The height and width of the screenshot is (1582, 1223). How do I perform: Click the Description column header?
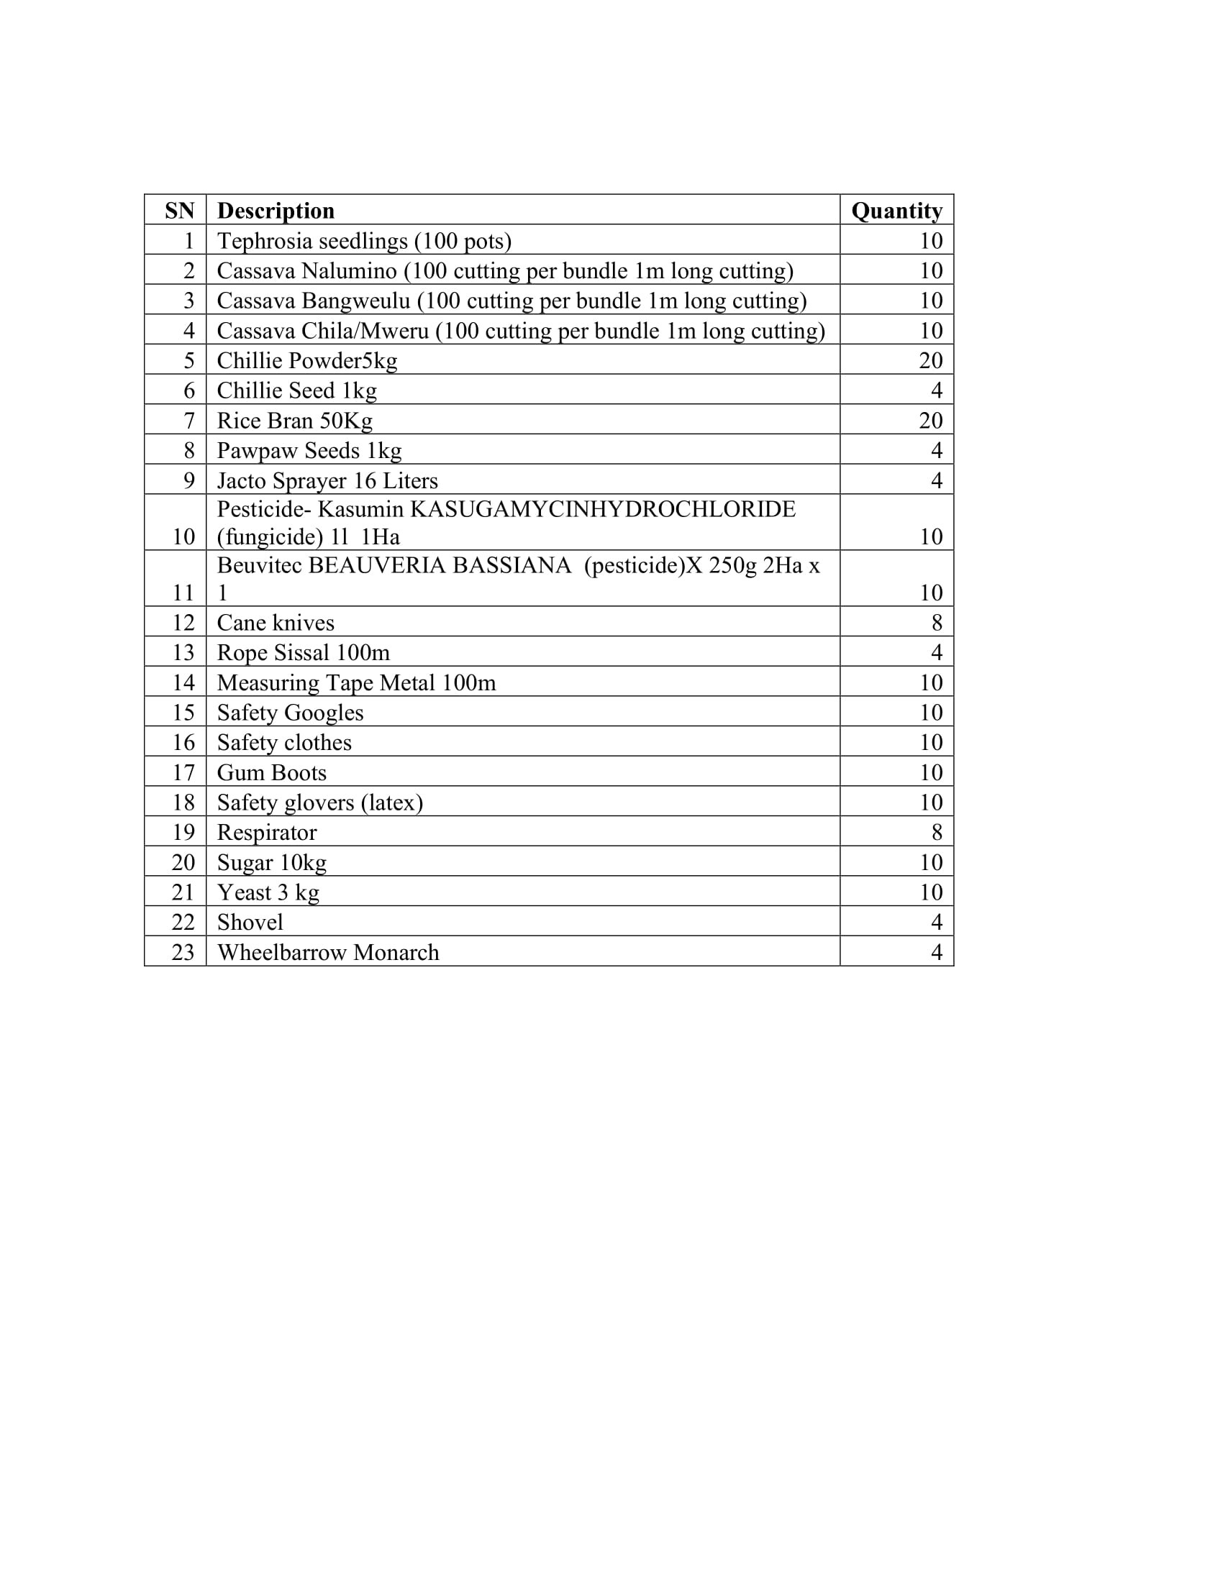coord(276,211)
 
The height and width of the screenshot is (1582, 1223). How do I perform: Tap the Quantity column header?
coord(896,211)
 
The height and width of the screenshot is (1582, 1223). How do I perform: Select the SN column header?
coord(179,211)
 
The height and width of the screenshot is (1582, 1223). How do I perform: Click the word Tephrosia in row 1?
coord(263,241)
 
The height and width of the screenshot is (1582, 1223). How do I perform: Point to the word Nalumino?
coord(349,271)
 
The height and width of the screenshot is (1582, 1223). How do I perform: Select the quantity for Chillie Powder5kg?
coord(930,361)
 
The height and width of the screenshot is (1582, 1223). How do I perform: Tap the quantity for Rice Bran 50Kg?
coord(930,421)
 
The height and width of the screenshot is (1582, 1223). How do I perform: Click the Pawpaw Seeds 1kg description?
coord(309,451)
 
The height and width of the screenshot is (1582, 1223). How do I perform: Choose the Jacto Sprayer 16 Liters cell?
coord(327,481)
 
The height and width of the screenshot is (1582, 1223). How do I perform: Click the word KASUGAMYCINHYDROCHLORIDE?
coord(603,509)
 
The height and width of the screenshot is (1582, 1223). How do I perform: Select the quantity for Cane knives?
coord(936,623)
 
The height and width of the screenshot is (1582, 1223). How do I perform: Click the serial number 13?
coord(183,653)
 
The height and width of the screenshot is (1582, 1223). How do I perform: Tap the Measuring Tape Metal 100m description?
coord(356,683)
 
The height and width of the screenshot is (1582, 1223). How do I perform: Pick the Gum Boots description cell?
coord(272,773)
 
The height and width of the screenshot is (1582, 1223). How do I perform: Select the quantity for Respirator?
coord(936,833)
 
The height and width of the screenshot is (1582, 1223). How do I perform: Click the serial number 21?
coord(183,892)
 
